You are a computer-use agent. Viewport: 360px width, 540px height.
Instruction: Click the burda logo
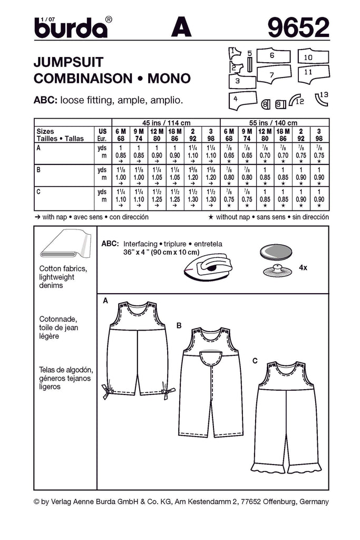(71, 27)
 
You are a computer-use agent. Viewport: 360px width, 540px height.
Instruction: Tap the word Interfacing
(141, 245)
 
